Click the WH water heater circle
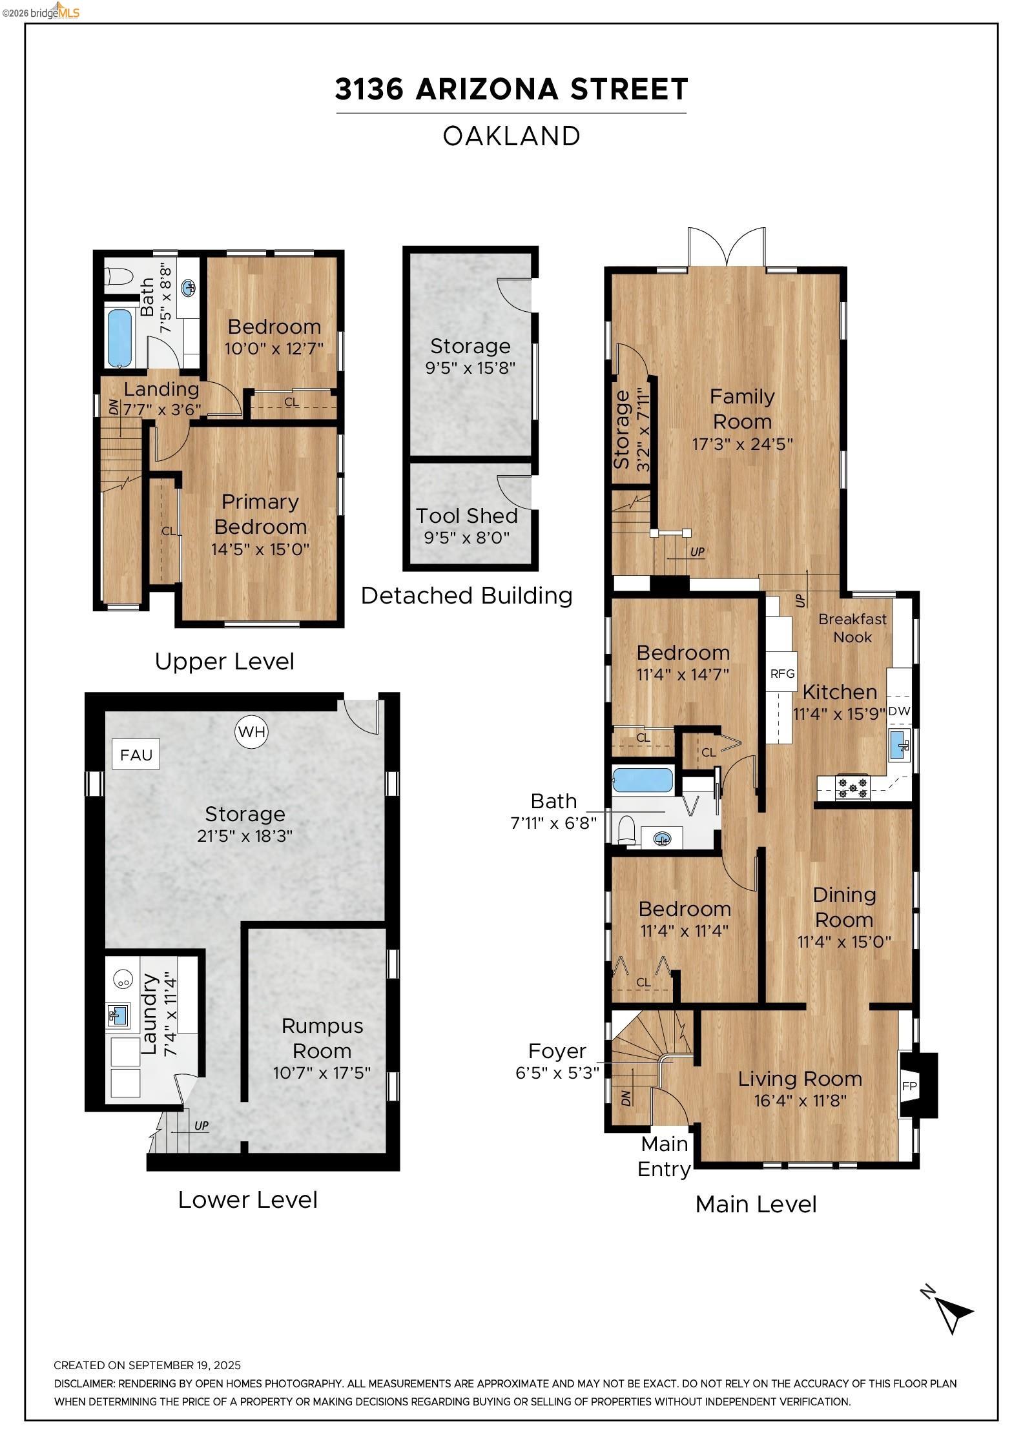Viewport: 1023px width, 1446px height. pos(251,731)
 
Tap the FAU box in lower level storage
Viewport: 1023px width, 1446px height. pos(136,754)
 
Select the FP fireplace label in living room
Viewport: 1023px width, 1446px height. pos(909,1086)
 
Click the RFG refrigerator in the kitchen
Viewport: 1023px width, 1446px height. pos(782,673)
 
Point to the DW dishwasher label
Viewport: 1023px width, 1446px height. pos(899,711)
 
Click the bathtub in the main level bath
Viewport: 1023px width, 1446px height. pos(643,780)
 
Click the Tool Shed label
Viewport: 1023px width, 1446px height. pos(466,516)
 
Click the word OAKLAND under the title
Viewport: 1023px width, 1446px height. pos(512,136)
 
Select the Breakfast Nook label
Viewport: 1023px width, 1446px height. pos(852,627)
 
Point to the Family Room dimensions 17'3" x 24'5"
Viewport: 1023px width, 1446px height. pos(742,444)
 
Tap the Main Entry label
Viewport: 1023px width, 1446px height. pos(664,1156)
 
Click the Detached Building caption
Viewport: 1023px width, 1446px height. pos(466,595)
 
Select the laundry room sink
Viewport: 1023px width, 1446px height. pos(117,1016)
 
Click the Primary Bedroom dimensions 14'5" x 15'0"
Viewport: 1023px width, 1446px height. pos(260,549)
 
